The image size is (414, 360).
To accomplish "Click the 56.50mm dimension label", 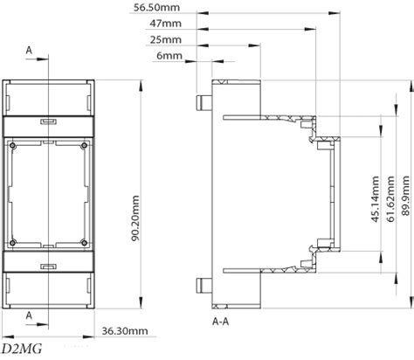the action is pyautogui.click(x=156, y=7).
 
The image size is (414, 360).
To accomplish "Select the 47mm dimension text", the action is pyautogui.click(x=165, y=24).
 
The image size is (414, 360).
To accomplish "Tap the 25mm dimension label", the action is pyautogui.click(x=165, y=39).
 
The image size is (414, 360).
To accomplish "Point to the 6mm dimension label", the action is pyautogui.click(x=169, y=55).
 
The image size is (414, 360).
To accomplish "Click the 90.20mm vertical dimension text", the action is pyautogui.click(x=135, y=218).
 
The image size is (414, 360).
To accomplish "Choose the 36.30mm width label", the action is pyautogui.click(x=125, y=331).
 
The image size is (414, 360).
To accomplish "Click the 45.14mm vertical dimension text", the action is pyautogui.click(x=376, y=199).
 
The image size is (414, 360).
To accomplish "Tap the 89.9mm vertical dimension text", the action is pyautogui.click(x=405, y=196).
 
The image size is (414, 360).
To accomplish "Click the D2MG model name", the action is pyautogui.click(x=22, y=349).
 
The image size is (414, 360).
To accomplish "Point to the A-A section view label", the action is pyautogui.click(x=220, y=322).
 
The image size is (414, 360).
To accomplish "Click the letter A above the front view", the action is pyautogui.click(x=29, y=51).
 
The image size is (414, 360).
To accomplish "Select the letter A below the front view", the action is pyautogui.click(x=29, y=315).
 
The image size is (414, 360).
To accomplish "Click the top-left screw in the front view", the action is pyautogui.click(x=12, y=145).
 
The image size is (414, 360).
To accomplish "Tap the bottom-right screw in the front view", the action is pyautogui.click(x=84, y=242).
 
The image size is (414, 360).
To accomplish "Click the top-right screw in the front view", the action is pyautogui.click(x=84, y=145).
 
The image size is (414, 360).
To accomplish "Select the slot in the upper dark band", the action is pyautogui.click(x=48, y=121).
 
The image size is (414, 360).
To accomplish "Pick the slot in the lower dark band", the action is pyautogui.click(x=48, y=267).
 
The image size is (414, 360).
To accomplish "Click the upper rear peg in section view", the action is pyautogui.click(x=204, y=103).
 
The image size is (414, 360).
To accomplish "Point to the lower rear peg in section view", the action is pyautogui.click(x=204, y=286).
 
